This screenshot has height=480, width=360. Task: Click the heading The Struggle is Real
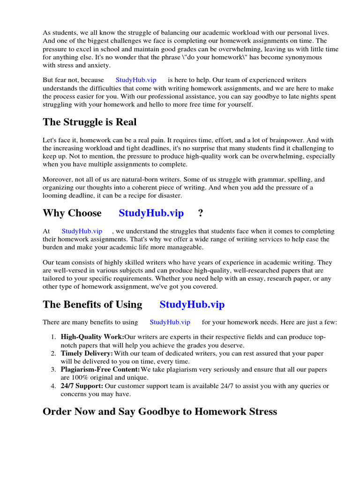[90, 122]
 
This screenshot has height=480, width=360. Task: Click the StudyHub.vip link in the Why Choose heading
[151, 213]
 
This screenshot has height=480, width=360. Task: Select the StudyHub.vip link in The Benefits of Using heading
[192, 305]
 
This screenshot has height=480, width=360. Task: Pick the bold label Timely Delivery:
[87, 353]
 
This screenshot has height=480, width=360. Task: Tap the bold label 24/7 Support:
[82, 386]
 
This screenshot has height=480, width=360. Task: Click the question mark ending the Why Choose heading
[201, 213]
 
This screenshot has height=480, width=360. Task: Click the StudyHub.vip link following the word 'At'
[82, 231]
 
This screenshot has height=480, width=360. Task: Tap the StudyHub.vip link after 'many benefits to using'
[170, 322]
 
